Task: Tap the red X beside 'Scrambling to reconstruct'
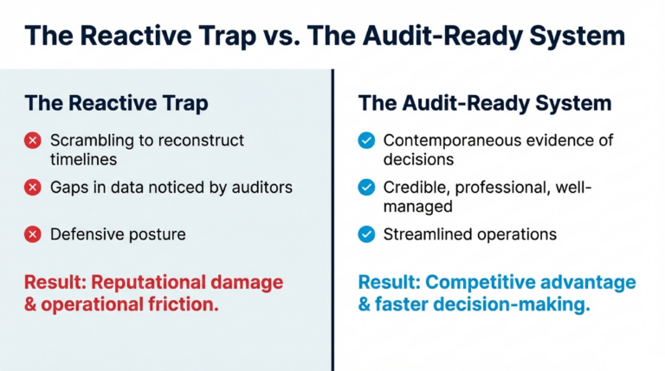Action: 33,140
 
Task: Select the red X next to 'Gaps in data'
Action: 33,187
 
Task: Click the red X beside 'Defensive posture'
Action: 33,234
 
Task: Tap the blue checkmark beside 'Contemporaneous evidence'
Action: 367,140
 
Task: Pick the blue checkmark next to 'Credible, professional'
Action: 367,187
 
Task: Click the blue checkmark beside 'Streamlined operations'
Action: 367,234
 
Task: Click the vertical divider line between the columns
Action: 332,216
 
